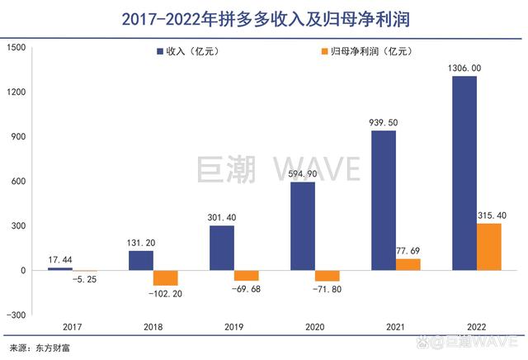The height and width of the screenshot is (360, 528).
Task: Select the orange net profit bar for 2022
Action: coord(489,247)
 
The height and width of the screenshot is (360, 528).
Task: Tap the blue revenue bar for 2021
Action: coord(384,201)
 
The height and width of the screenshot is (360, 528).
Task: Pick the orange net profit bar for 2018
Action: coord(166,278)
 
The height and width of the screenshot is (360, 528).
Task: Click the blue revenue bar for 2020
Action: coord(303,226)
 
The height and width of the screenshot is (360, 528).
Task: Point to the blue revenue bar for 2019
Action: coord(222,249)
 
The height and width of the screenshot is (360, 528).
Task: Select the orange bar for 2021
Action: coord(408,265)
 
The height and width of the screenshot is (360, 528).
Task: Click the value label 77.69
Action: coord(408,251)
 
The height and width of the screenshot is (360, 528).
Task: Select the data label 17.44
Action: coord(59,260)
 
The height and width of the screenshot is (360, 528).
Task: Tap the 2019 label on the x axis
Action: coord(233,327)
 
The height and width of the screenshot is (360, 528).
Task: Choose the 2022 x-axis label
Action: coord(477,327)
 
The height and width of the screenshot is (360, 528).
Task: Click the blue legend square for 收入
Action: coord(158,52)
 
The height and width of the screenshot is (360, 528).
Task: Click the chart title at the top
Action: coord(264,18)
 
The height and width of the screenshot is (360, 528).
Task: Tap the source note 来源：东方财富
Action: coord(40,348)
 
